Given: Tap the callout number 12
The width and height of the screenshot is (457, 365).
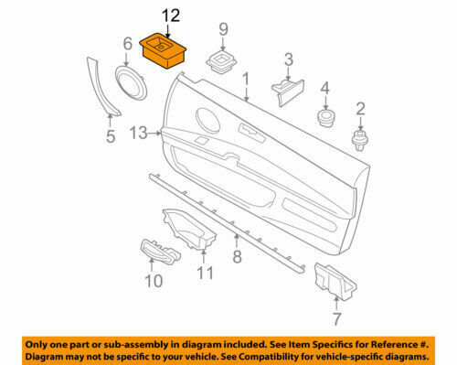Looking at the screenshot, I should (x=171, y=16).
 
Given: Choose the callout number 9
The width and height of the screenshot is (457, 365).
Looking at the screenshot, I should (x=221, y=30).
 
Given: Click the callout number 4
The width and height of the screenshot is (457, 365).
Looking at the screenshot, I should (x=324, y=89).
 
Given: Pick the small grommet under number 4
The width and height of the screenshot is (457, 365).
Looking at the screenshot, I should (x=324, y=118).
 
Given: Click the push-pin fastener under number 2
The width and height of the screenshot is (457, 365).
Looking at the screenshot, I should (x=360, y=138).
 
